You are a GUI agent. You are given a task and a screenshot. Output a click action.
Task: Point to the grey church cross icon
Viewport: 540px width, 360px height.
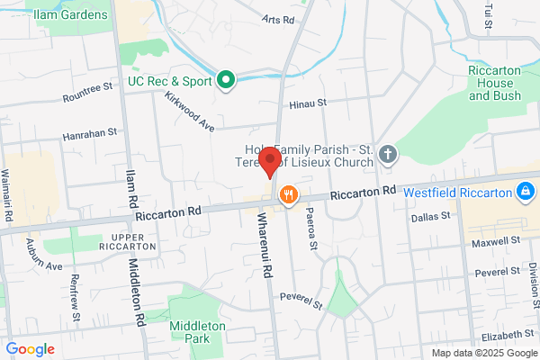click(x=388, y=154)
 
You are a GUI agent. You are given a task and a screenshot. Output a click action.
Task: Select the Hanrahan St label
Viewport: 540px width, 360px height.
click(x=90, y=132)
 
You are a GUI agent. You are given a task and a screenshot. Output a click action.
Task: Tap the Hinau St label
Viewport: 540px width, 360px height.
click(x=308, y=105)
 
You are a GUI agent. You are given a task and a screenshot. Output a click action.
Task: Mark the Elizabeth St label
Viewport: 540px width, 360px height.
click(x=502, y=335)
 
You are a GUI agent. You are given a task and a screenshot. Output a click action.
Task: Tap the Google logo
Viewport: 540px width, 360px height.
click(x=31, y=349)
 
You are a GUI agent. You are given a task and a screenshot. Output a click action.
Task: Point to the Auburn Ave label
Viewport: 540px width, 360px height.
click(x=43, y=255)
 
